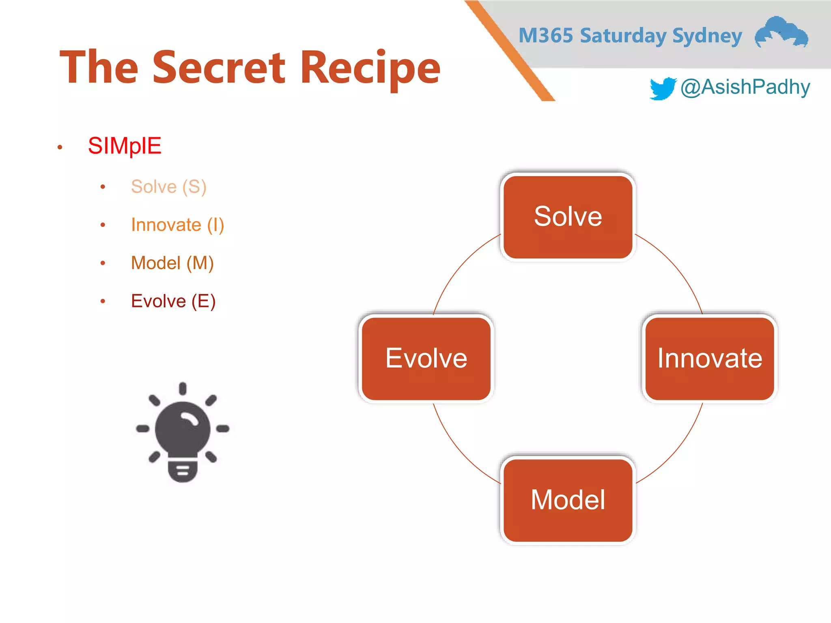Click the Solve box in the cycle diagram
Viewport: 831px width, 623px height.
(568, 217)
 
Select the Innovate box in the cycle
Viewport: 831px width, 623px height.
(709, 359)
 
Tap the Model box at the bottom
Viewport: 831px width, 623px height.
(568, 500)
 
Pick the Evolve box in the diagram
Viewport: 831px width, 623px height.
(426, 359)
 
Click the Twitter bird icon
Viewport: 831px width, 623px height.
(663, 88)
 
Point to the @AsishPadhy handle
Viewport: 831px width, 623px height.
(745, 87)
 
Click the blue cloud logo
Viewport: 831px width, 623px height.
(781, 32)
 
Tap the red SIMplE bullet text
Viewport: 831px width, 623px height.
(125, 146)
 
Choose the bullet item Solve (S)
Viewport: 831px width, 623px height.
(169, 187)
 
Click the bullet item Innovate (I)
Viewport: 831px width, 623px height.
(177, 225)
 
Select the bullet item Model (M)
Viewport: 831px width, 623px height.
(172, 263)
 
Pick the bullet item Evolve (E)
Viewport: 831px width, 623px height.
(173, 301)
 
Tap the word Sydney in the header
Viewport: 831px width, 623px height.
(707, 36)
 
